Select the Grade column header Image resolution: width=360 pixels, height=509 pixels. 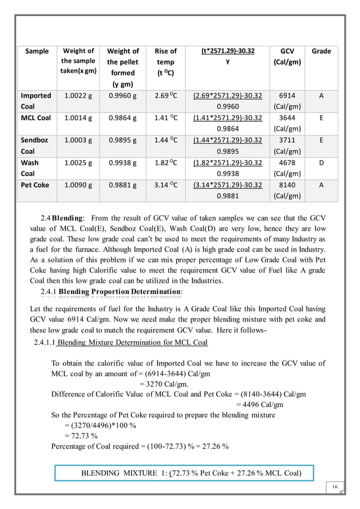tap(321, 51)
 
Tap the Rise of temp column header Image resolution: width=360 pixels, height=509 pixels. tap(165, 62)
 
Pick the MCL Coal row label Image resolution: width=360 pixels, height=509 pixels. tap(36, 118)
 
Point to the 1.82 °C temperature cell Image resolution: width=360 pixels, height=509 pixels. tap(165, 163)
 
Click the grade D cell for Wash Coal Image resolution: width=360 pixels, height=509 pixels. tap(321, 163)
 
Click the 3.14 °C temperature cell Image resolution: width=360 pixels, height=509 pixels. tap(165, 185)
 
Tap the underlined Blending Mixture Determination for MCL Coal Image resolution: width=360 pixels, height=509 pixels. tap(133, 343)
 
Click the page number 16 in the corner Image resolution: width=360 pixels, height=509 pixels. tap(335, 487)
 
